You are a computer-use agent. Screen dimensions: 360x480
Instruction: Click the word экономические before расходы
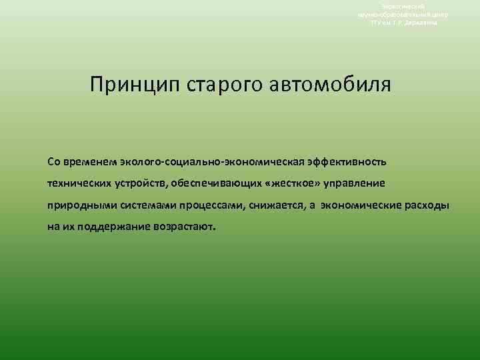pos(360,205)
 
